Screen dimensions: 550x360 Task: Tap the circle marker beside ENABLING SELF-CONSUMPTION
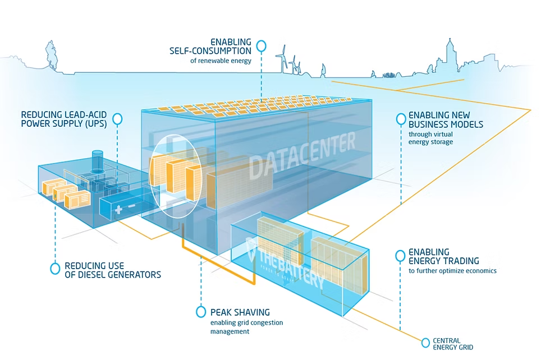[262, 46]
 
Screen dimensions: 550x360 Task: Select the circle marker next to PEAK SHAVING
[201, 312]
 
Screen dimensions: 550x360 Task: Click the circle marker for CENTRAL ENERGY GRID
[425, 343]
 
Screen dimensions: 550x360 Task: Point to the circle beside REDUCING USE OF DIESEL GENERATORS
[55, 269]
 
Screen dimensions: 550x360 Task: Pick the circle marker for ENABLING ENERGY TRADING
[400, 256]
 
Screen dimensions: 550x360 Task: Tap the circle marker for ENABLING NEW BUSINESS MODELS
[401, 119]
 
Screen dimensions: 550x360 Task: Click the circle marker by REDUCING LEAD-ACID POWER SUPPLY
[118, 119]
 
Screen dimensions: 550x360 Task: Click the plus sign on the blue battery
[118, 210]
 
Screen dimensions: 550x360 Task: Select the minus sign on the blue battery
[131, 206]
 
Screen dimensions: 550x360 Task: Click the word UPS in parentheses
[96, 124]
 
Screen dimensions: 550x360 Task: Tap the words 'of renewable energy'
[221, 61]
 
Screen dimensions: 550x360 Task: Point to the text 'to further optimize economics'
[452, 271]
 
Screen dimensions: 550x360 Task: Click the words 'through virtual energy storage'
[431, 138]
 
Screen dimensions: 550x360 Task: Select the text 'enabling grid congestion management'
[246, 327]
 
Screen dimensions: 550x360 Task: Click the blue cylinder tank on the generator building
[98, 161]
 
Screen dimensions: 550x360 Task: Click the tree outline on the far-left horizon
[51, 56]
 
